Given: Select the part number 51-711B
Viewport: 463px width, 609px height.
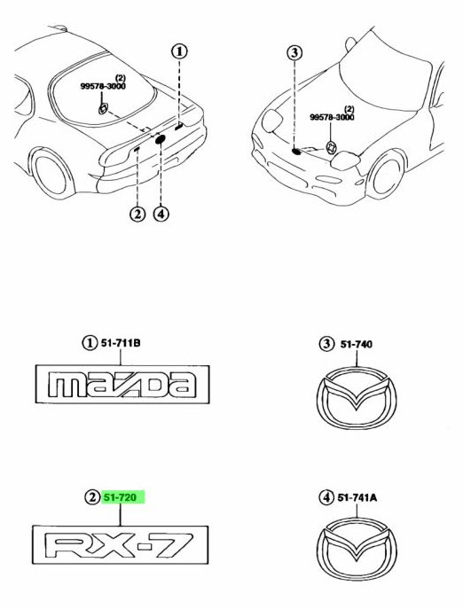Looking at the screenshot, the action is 121,343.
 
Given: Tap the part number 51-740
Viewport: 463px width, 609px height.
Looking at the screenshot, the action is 356,345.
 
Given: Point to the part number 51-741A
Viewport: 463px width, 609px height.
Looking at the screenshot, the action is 357,497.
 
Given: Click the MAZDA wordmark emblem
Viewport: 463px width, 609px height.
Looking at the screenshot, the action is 122,384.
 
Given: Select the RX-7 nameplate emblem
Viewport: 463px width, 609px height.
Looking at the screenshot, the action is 120,545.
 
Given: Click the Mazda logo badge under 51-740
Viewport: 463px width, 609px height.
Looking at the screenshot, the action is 357,398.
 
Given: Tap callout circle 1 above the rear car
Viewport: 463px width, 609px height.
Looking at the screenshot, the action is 179,51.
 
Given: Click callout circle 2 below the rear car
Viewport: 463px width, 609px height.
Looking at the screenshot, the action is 137,214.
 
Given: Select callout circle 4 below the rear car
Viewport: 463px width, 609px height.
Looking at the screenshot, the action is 161,214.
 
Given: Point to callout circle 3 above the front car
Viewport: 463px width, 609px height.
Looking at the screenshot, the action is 294,52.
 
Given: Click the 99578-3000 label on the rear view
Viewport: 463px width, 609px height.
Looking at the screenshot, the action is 103,86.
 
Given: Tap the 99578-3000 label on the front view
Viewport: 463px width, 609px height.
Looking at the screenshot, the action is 332,117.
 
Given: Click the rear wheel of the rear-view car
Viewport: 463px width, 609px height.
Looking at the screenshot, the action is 51,173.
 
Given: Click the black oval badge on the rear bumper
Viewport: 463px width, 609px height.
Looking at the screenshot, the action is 161,139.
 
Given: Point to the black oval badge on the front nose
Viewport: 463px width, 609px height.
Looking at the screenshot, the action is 296,151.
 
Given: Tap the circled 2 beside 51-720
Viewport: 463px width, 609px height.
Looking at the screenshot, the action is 91,497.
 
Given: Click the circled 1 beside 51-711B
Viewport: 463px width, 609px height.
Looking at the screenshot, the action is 90,343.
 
